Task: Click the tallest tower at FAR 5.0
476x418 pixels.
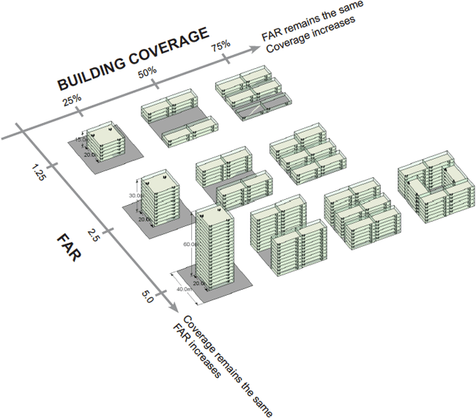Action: pos(215,245)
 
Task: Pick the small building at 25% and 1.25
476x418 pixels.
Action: pos(100,139)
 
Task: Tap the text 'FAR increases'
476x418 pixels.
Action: pos(196,353)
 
